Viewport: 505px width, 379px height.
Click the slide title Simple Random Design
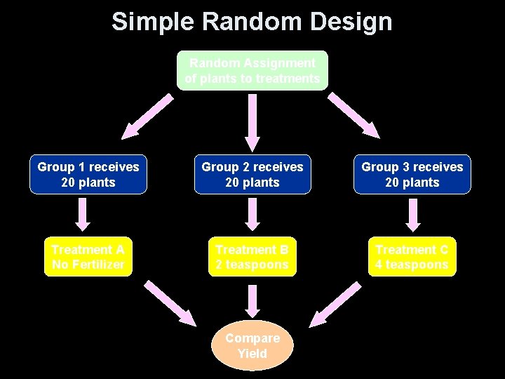coord(252,22)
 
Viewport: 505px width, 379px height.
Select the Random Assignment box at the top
coord(252,71)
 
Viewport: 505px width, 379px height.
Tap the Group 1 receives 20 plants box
coord(88,175)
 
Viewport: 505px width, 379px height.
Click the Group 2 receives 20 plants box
coord(252,175)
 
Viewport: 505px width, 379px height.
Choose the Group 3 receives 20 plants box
coord(412,175)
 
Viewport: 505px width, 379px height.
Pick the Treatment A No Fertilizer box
coord(88,257)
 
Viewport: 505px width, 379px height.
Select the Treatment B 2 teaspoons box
coord(252,257)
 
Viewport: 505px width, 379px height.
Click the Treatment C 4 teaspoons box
coord(412,257)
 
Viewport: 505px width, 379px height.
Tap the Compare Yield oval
coord(252,345)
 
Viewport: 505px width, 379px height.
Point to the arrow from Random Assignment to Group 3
coord(354,116)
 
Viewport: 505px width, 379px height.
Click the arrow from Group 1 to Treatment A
coord(83,214)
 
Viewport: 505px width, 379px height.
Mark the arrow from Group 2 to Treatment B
coord(252,214)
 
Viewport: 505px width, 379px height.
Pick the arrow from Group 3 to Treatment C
coord(413,214)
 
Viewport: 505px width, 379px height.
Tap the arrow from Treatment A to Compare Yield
coord(170,302)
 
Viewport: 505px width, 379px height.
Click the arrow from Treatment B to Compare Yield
coord(252,300)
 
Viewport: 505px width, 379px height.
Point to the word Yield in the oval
coord(252,354)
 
